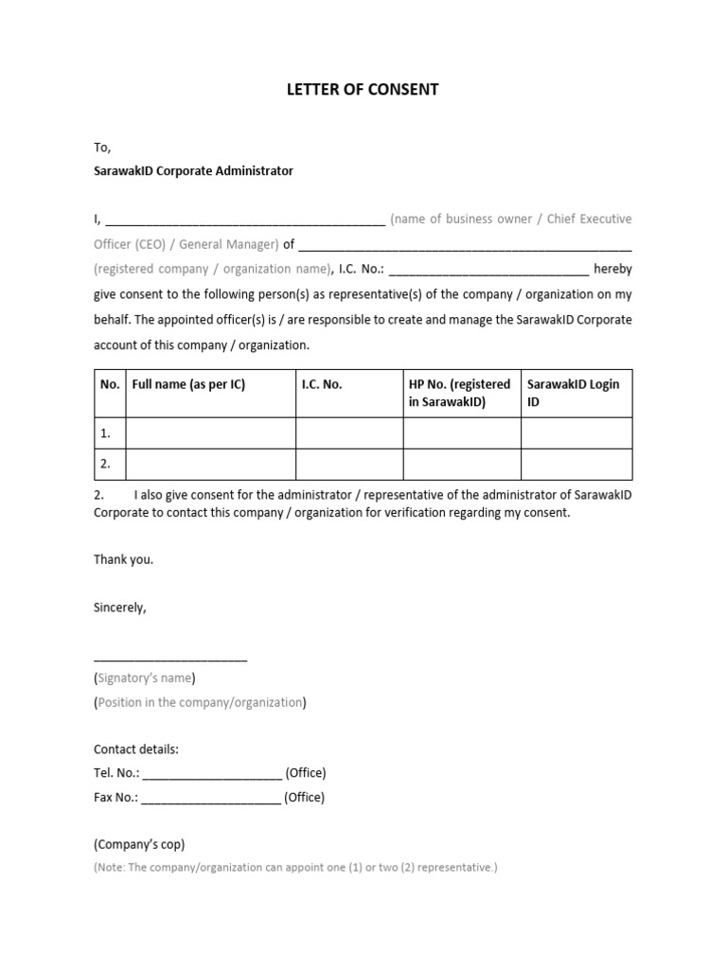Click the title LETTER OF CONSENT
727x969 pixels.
[363, 90]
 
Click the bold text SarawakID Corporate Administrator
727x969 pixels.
[193, 171]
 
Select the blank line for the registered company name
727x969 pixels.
[465, 246]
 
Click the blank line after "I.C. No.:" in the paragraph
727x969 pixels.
[488, 271]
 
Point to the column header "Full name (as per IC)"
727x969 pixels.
[188, 385]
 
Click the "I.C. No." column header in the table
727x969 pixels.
[322, 385]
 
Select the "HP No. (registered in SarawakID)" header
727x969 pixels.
[460, 393]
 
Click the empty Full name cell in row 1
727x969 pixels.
[210, 433]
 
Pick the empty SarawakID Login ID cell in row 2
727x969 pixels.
[576, 464]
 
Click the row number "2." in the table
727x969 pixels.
[106, 464]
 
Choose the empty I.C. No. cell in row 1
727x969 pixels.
[349, 433]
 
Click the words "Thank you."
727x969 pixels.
[123, 559]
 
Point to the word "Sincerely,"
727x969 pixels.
[120, 608]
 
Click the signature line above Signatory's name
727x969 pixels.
[170, 658]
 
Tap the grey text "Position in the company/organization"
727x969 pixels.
[200, 702]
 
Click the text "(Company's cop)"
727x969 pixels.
[139, 844]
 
